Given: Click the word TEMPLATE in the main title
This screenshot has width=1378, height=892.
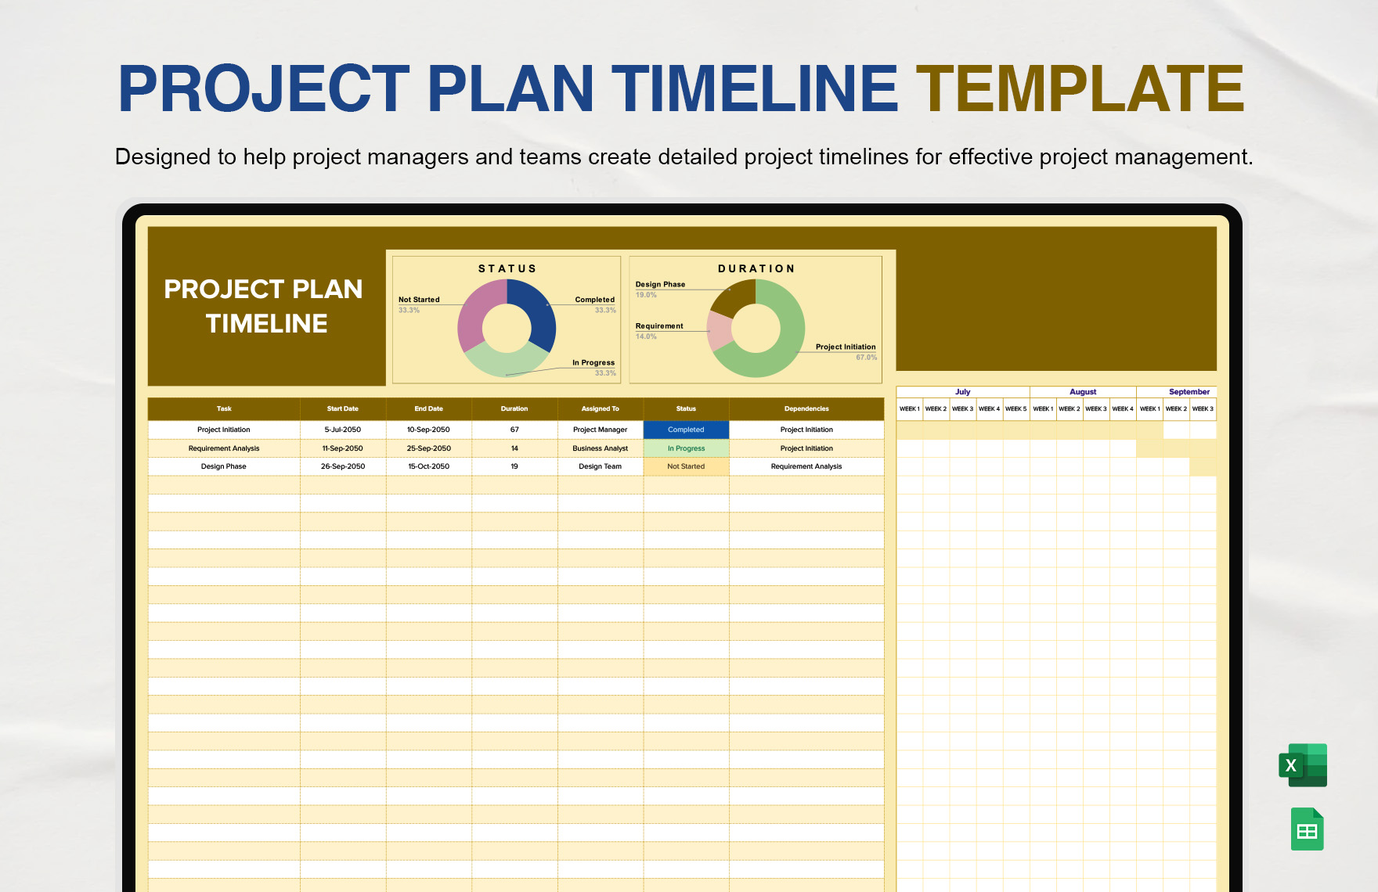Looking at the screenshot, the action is (1080, 88).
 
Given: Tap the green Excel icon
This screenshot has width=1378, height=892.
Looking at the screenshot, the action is (1303, 764).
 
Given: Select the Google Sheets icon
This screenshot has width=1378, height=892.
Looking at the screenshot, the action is (1308, 829).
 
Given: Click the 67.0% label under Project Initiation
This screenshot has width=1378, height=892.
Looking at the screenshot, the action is (866, 358).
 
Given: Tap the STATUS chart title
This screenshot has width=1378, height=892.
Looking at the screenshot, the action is (507, 268).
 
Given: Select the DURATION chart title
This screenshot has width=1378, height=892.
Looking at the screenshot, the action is (756, 268).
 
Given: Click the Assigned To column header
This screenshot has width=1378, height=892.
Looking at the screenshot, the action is (601, 408).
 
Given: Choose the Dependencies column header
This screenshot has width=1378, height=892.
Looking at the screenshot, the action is (806, 408).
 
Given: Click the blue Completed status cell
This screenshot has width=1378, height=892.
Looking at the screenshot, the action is (686, 430).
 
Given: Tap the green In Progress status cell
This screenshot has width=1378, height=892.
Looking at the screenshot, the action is (686, 448).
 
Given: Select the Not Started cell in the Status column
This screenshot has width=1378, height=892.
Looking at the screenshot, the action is (686, 466).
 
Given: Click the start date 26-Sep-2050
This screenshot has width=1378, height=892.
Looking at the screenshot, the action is (343, 466).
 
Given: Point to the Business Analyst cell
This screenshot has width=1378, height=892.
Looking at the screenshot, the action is (601, 448).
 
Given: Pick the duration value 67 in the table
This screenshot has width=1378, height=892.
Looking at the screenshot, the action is (514, 430).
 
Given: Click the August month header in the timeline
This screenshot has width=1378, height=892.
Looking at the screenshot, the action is (1083, 392).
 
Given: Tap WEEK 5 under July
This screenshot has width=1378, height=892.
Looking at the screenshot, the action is (1015, 409).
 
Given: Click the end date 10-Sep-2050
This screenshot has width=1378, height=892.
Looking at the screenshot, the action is (428, 430).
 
